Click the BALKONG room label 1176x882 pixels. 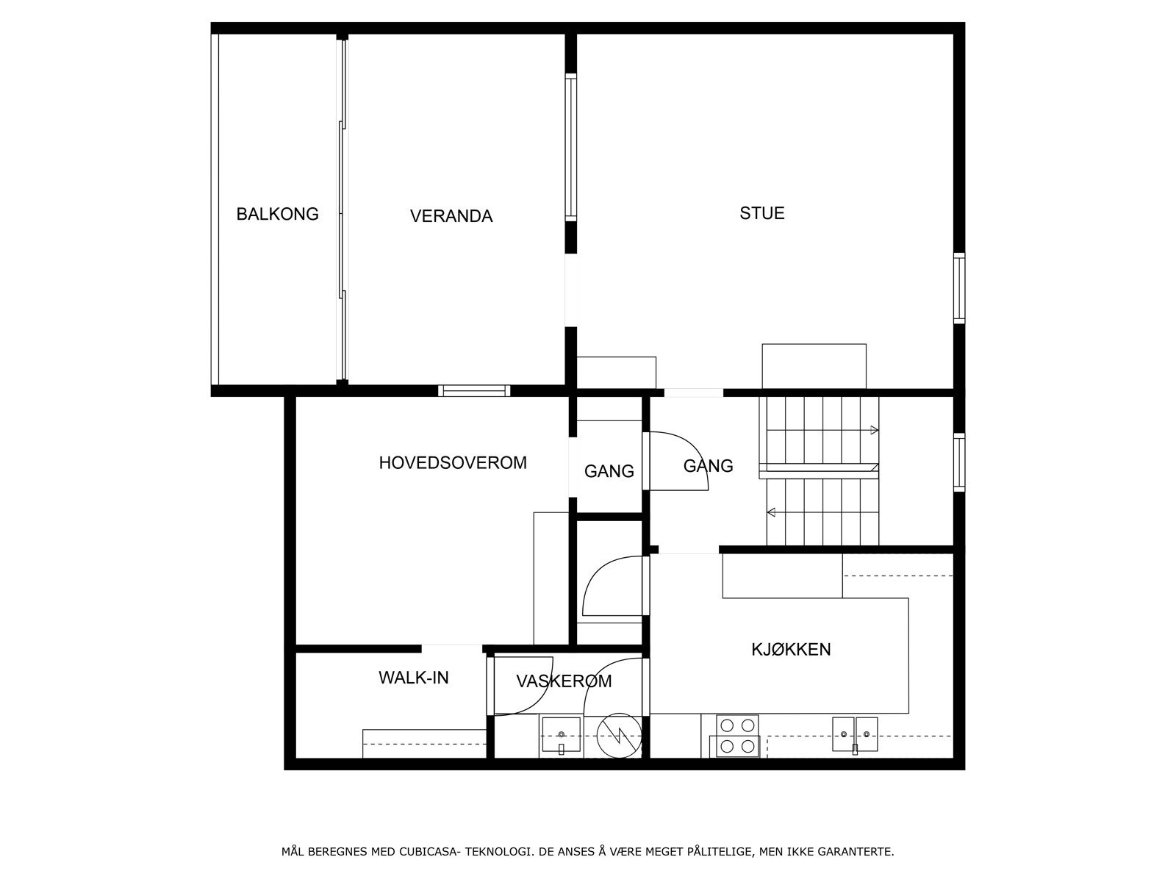pos(278,214)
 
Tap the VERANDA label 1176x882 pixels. pos(451,216)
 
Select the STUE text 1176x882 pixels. pos(762,213)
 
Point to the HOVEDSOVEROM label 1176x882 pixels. pos(453,463)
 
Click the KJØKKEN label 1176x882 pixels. pos(791,649)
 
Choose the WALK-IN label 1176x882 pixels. pos(414,678)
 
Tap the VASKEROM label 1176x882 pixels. pos(564,681)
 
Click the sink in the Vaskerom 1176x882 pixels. pos(561,735)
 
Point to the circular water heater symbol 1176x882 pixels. pos(619,735)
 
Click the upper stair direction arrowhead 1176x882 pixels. pos(875,430)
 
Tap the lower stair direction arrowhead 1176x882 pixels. pos(771,512)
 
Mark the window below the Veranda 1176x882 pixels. pos(474,391)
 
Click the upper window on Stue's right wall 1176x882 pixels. pos(959,288)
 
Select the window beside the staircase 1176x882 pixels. pos(959,462)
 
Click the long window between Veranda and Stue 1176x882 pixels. pos(571,147)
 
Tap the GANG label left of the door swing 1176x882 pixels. pos(609,471)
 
